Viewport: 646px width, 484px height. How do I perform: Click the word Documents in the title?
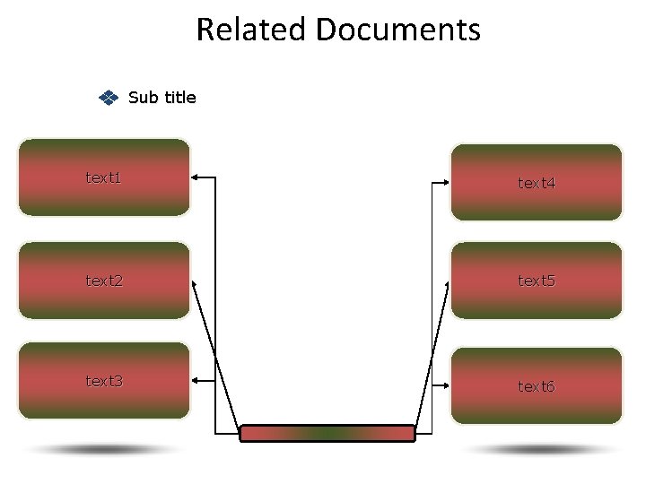pos(398,30)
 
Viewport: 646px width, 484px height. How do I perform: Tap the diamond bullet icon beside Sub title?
pos(107,98)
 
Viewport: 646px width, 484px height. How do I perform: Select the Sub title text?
pos(162,98)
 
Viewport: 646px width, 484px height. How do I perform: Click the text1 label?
pos(103,177)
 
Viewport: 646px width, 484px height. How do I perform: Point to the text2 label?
pos(104,281)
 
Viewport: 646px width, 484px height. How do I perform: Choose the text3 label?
pos(104,381)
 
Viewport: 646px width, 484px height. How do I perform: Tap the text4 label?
pos(537,183)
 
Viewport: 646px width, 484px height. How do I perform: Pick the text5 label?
pos(537,281)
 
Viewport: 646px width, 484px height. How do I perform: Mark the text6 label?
pos(537,386)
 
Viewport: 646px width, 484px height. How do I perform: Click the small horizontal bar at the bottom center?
pos(327,434)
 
